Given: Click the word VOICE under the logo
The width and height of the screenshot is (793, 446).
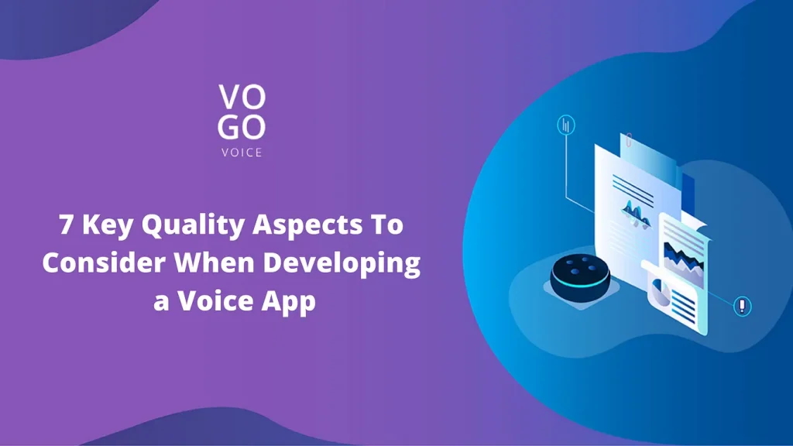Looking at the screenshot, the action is point(242,153).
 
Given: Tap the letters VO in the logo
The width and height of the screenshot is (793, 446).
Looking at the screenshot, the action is point(242,97).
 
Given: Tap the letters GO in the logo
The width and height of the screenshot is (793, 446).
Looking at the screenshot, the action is point(242,127).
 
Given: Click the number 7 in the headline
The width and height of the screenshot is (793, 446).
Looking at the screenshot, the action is point(67,224).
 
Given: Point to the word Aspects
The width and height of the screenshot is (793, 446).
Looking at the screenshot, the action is point(308,225).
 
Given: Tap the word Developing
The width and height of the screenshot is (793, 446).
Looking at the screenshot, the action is point(342,264).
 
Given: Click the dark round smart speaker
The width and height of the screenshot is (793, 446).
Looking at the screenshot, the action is point(580,278).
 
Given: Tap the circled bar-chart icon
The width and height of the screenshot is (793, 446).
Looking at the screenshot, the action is point(566,125).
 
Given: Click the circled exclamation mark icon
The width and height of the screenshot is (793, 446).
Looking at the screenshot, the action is point(742,306).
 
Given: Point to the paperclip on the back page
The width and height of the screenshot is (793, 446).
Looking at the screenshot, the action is point(629,140).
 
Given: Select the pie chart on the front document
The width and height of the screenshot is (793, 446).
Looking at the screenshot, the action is point(660,292).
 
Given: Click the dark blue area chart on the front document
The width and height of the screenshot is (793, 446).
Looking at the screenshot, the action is point(683,258).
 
